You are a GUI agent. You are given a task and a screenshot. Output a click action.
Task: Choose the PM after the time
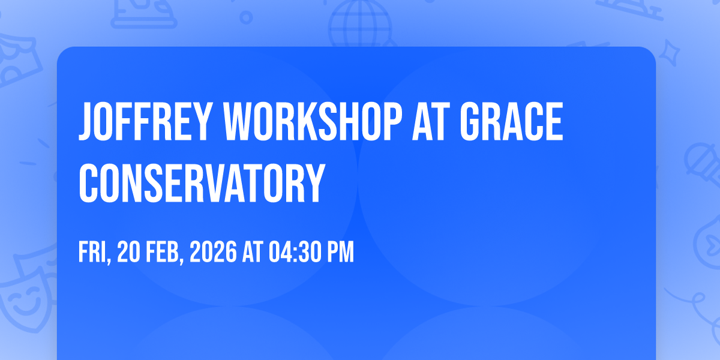coord(340,253)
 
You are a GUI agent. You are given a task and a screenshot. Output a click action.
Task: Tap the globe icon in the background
coord(358,24)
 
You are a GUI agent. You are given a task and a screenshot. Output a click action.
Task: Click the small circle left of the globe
coord(246,17)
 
